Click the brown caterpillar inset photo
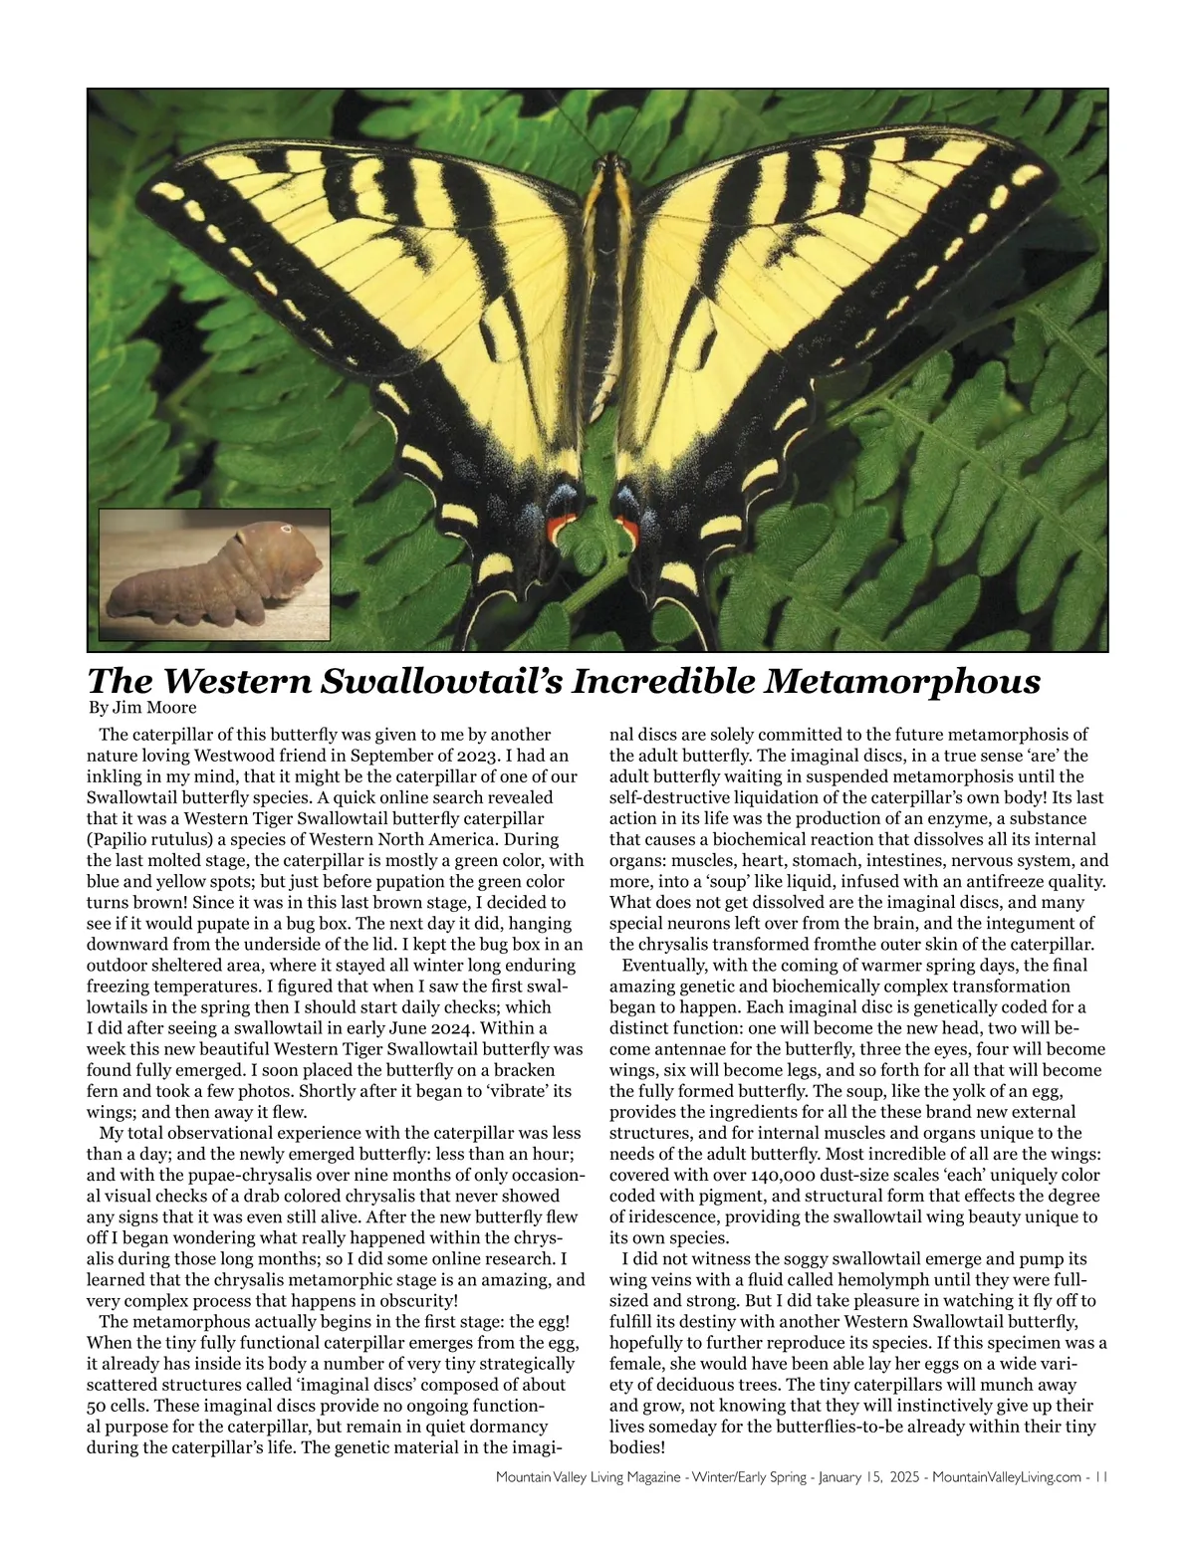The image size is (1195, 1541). (215, 574)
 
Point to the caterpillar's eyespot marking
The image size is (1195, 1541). (286, 528)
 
